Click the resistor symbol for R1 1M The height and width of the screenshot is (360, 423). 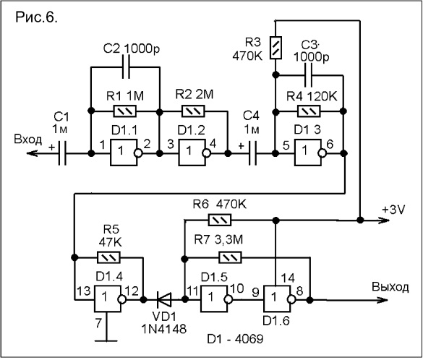(125, 111)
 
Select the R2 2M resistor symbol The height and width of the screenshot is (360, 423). (193, 111)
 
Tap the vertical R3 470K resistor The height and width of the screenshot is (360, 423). (275, 48)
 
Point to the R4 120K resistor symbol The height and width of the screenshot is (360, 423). (309, 111)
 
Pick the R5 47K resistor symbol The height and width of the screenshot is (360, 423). (108, 257)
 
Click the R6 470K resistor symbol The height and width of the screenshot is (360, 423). (220, 220)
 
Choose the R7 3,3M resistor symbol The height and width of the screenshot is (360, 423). (230, 257)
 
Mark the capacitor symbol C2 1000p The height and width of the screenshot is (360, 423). (126, 67)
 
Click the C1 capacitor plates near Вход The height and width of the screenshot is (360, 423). (62, 153)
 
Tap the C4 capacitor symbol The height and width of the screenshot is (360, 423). (253, 153)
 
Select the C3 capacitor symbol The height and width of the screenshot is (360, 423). (308, 75)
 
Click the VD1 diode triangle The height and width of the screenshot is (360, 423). (163, 299)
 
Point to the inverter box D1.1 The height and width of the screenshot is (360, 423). (124, 153)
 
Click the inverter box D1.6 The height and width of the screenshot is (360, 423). (277, 299)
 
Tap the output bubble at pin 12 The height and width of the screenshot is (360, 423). (122, 299)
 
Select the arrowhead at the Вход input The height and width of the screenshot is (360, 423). (32, 153)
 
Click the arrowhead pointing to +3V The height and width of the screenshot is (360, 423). (384, 220)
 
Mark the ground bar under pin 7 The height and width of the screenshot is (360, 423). (107, 341)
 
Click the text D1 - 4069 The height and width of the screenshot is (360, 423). (235, 339)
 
